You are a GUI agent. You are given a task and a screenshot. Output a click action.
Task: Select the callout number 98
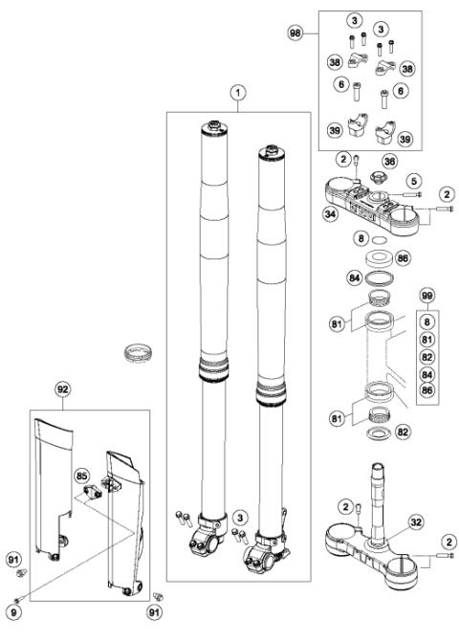[296, 33]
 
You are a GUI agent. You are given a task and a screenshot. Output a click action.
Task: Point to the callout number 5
[415, 179]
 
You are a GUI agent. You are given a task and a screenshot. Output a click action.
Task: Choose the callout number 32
[388, 522]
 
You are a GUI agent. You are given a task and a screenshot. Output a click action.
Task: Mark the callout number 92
[63, 390]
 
